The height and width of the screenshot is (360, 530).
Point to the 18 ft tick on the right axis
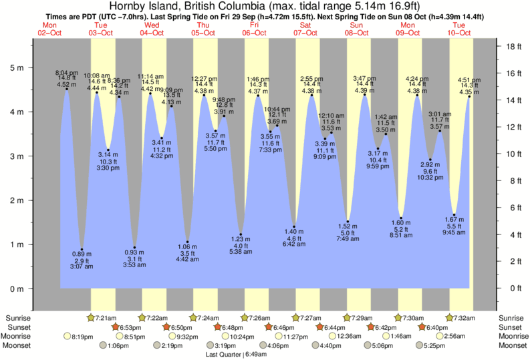513,47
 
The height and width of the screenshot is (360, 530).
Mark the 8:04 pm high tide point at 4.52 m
66,89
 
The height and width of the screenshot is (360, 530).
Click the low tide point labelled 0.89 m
82,249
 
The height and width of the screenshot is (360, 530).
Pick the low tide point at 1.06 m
188,242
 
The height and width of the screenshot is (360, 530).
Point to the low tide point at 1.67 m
454,214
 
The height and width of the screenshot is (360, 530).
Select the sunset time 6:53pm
133,327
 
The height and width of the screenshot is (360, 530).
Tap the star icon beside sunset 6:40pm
422,327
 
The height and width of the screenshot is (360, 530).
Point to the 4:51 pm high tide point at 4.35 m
469,96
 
